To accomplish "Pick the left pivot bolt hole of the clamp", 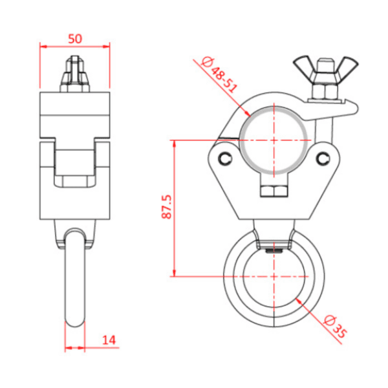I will tap(224, 158).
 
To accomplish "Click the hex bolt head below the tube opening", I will tap(274, 191).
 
